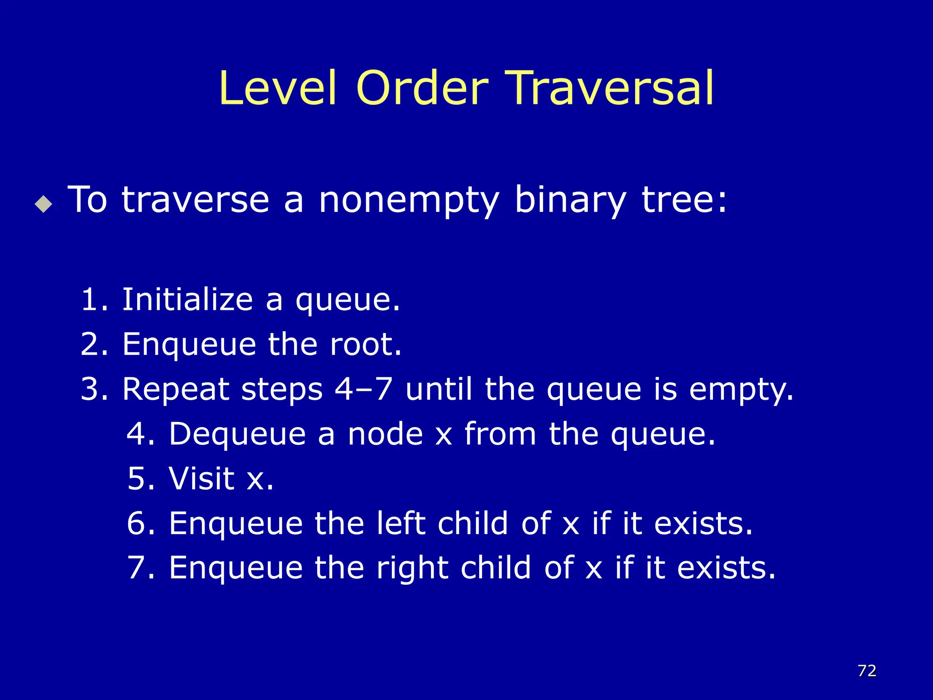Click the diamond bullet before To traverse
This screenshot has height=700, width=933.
(x=44, y=203)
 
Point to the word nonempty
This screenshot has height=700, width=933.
(x=409, y=201)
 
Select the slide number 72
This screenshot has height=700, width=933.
(x=867, y=670)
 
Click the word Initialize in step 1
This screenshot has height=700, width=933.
(x=187, y=300)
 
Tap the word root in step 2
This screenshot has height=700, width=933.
(x=365, y=345)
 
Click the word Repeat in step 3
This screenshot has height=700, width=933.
(x=176, y=390)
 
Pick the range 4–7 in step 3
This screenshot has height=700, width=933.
(x=363, y=390)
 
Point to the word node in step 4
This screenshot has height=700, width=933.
(x=385, y=434)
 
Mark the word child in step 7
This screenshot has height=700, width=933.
(x=496, y=568)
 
